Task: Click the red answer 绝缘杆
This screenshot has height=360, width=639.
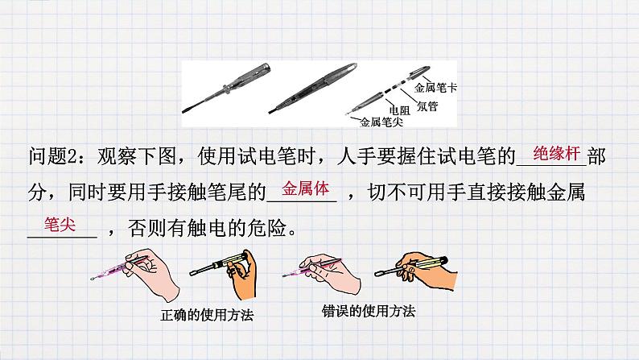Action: point(550,151)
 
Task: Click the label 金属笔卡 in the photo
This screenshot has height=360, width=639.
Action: point(435,88)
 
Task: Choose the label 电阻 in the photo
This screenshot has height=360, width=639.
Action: point(399,111)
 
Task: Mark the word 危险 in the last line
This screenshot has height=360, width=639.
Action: point(265,229)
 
